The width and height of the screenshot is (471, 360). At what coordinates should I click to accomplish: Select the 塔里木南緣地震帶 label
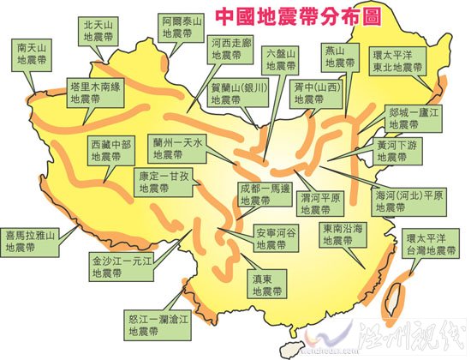(95, 93)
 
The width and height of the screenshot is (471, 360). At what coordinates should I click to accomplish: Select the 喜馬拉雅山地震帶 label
(30, 240)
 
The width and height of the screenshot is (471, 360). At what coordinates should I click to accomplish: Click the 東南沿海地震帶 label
(343, 236)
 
